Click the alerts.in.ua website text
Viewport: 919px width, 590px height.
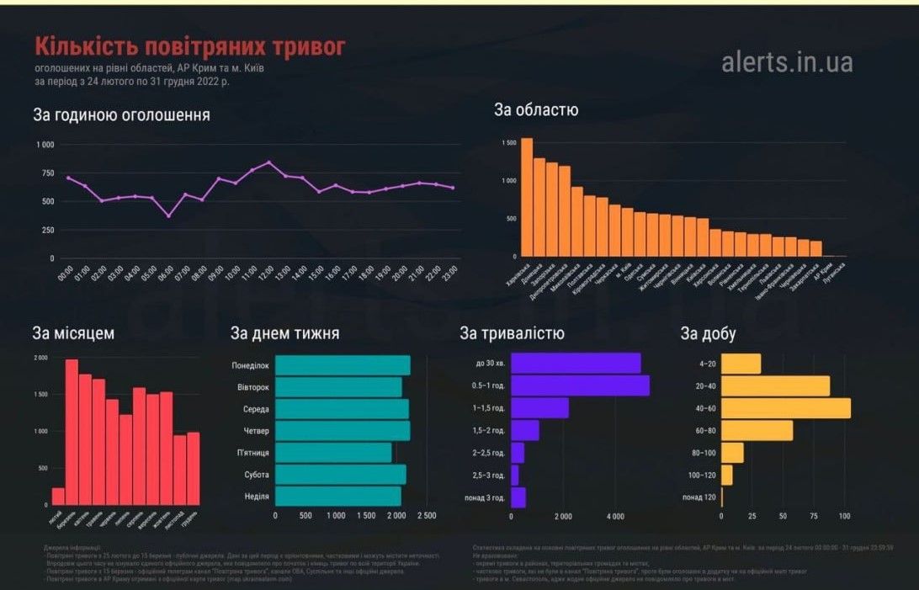(787, 61)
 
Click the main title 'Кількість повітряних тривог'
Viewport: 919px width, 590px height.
(189, 46)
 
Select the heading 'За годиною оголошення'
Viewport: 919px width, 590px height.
(121, 114)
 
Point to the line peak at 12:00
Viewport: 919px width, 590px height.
(268, 162)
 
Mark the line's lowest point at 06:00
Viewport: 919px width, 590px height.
(168, 216)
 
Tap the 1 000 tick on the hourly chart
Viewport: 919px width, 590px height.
(45, 145)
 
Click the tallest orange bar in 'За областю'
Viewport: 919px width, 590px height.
(527, 197)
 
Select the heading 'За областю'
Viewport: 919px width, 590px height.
(535, 109)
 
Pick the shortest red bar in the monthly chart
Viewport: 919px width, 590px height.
(58, 496)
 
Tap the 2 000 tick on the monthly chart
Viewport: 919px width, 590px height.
(40, 358)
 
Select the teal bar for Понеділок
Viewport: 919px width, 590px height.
(343, 365)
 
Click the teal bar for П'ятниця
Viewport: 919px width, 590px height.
(333, 453)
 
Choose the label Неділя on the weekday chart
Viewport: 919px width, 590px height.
(257, 497)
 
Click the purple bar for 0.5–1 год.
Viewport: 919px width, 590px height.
(580, 385)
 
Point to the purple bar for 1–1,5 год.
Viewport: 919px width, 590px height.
(539, 407)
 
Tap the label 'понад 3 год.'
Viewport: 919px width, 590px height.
(485, 497)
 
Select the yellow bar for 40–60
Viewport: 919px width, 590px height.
(787, 407)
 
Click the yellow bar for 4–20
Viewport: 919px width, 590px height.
(742, 364)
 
